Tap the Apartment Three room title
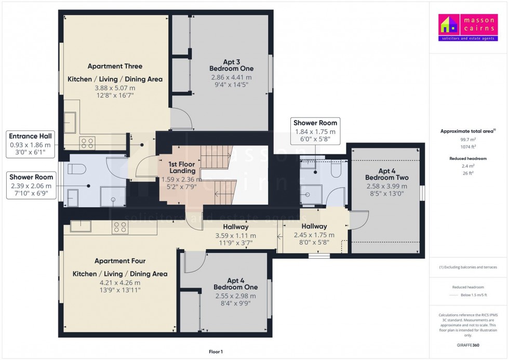coord(115,66)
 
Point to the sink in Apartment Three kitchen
coord(71,122)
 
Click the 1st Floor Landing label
coord(182,167)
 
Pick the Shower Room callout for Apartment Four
coord(315,128)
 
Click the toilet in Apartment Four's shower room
coord(335,169)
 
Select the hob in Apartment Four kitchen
coord(120,227)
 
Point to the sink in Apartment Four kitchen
coord(81,226)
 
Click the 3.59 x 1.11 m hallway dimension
coord(236,235)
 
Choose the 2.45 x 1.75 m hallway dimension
coord(314,235)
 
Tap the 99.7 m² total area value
coord(468,140)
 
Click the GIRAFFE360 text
coord(468,344)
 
